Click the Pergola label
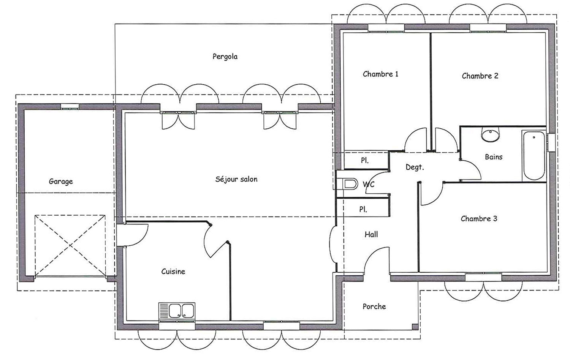(225, 57)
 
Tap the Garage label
(61, 182)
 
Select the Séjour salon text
(236, 179)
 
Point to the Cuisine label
(173, 272)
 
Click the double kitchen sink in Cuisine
(177, 311)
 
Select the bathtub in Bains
(534, 156)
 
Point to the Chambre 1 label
(380, 74)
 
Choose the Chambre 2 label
(480, 76)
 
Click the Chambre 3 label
(479, 219)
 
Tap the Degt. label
(415, 167)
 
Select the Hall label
(371, 235)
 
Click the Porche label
(374, 306)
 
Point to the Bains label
(494, 157)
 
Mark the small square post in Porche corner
(415, 327)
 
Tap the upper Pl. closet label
(364, 161)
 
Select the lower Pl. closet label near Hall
(363, 210)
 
